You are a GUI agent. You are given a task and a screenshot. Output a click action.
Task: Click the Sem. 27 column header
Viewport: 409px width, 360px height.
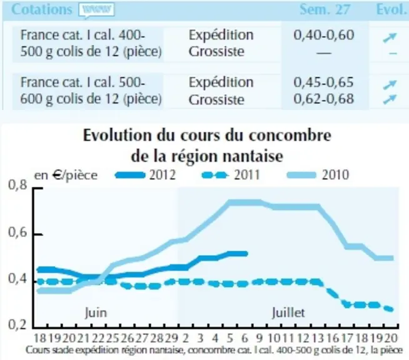[325, 9]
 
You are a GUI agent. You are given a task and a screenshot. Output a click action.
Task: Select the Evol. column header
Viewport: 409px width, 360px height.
[392, 9]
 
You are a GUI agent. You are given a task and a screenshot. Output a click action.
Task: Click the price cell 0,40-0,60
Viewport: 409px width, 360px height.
[324, 35]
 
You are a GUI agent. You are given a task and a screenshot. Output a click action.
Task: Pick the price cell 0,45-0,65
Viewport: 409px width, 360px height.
[324, 82]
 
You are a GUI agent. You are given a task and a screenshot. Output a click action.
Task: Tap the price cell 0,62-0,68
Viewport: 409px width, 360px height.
[324, 99]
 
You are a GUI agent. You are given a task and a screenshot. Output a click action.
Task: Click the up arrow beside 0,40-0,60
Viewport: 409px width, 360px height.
[390, 37]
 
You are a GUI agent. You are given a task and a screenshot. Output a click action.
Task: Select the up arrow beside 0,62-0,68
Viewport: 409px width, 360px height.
[390, 99]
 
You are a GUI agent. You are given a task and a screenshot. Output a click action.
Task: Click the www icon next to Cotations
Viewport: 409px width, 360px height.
[96, 11]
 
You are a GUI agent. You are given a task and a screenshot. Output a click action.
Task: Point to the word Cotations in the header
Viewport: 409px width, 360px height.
[42, 9]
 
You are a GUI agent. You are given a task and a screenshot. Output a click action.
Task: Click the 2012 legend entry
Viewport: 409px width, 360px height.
[146, 175]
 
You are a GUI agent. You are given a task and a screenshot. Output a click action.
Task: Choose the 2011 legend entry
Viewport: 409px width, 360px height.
[231, 175]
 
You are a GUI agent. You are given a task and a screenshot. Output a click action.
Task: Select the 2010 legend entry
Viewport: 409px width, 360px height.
[318, 175]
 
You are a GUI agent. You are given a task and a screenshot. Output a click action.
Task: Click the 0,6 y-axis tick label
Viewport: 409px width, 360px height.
[18, 232]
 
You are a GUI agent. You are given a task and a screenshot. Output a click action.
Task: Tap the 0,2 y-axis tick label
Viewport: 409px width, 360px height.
[18, 325]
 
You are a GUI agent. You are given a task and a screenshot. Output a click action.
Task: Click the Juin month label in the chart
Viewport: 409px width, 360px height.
[96, 312]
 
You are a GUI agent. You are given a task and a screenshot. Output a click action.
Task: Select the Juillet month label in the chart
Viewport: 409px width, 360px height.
[288, 312]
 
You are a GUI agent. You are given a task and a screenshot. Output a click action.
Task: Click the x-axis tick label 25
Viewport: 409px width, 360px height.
[112, 338]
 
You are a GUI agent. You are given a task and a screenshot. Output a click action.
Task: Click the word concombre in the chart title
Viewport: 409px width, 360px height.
[290, 136]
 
